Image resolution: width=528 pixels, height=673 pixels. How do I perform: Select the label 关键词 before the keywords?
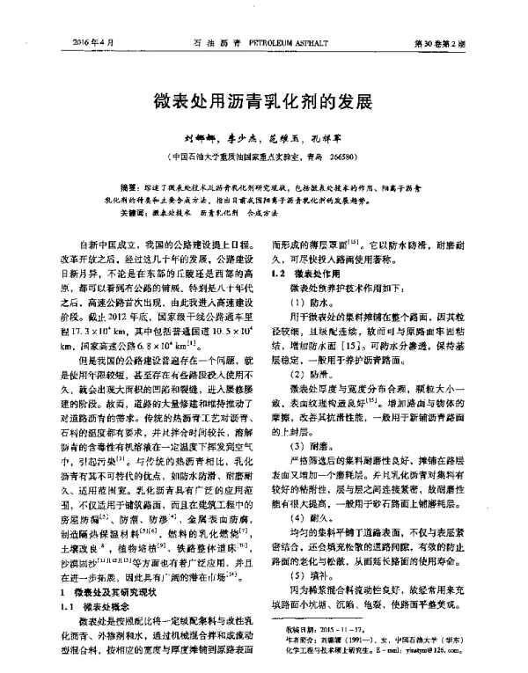(130, 212)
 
